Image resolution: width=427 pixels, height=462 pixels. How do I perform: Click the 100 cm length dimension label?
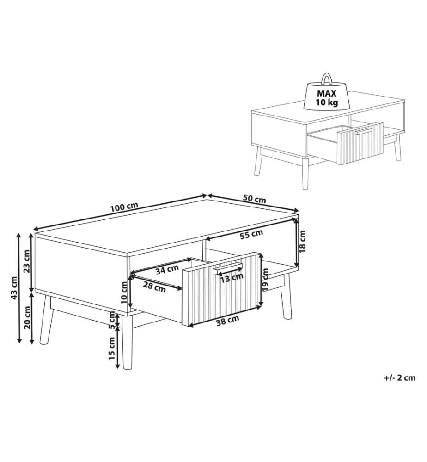124,207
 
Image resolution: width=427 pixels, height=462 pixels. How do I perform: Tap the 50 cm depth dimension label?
254,199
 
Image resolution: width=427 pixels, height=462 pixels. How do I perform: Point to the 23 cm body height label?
27,261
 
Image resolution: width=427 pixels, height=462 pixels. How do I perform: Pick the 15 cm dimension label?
112,348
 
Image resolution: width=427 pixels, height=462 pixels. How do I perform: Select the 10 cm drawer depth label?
125,292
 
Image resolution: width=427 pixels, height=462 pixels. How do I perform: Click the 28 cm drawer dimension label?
154,287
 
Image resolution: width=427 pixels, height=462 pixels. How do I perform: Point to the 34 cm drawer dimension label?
167,269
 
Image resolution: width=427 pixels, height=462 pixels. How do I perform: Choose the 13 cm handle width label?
232,278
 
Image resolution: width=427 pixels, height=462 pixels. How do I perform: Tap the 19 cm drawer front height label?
266,280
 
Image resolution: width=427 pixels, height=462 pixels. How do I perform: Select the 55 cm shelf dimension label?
251,235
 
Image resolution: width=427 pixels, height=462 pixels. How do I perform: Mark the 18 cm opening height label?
302,241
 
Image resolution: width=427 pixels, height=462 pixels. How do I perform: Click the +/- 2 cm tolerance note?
400,378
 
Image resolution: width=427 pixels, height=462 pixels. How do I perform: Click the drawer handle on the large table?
227,269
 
